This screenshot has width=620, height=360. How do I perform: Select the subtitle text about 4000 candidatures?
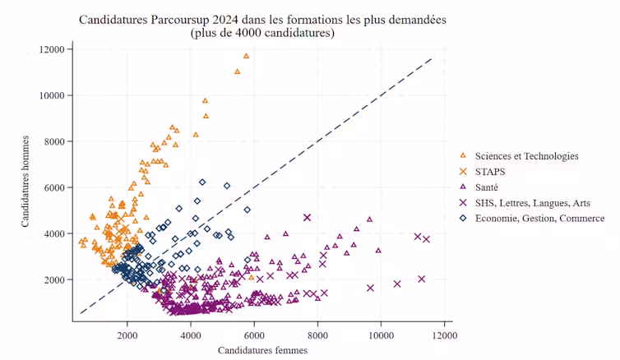[262, 34]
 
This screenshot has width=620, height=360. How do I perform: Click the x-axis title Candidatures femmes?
[262, 351]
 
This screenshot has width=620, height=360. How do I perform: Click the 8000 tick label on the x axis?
[317, 335]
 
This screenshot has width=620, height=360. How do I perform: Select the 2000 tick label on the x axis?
[127, 335]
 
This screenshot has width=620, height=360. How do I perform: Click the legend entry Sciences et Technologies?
[526, 155]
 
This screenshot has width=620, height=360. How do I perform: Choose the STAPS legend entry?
[490, 172]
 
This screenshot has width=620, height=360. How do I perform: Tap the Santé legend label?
[488, 187]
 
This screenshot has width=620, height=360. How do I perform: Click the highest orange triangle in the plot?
[246, 56]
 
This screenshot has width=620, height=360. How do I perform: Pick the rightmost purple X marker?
[426, 239]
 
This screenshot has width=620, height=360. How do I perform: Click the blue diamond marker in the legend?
[463, 218]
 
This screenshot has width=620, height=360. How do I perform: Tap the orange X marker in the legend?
[463, 172]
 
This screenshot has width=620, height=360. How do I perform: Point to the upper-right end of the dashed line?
[431, 58]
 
